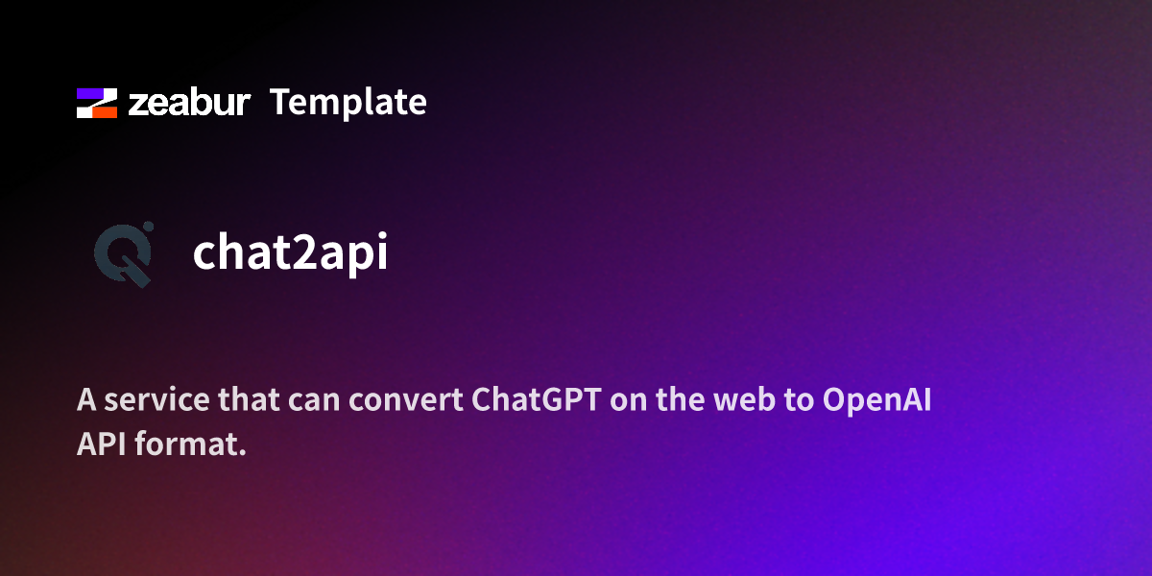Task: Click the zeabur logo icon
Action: [x=97, y=103]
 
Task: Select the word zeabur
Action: [x=189, y=103]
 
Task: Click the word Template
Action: [x=348, y=102]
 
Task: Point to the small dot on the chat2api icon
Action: [x=148, y=228]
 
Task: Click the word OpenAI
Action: [x=877, y=400]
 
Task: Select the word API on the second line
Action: [x=97, y=445]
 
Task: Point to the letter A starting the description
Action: [x=86, y=400]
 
